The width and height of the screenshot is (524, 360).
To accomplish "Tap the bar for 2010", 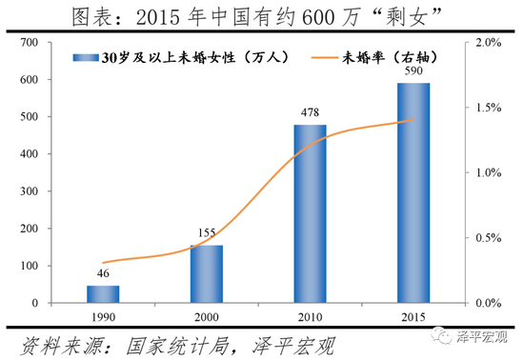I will click(x=310, y=214).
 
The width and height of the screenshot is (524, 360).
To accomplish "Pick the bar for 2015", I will click(x=413, y=193).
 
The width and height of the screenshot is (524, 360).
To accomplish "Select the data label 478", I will click(x=310, y=114).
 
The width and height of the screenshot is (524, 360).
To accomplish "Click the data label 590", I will click(x=413, y=73).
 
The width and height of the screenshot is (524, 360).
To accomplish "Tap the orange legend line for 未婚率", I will click(x=330, y=58).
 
